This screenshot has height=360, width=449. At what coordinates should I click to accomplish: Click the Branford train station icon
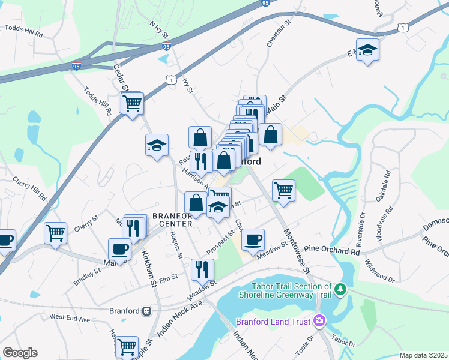click(146, 311)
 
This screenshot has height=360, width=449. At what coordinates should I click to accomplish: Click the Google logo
click(20, 353)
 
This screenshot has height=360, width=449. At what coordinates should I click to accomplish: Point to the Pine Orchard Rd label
click(332, 248)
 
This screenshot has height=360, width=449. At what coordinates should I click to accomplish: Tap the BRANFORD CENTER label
click(172, 220)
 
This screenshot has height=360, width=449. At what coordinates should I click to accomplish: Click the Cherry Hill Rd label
click(29, 188)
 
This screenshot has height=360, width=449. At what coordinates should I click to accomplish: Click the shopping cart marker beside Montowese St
click(284, 191)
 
